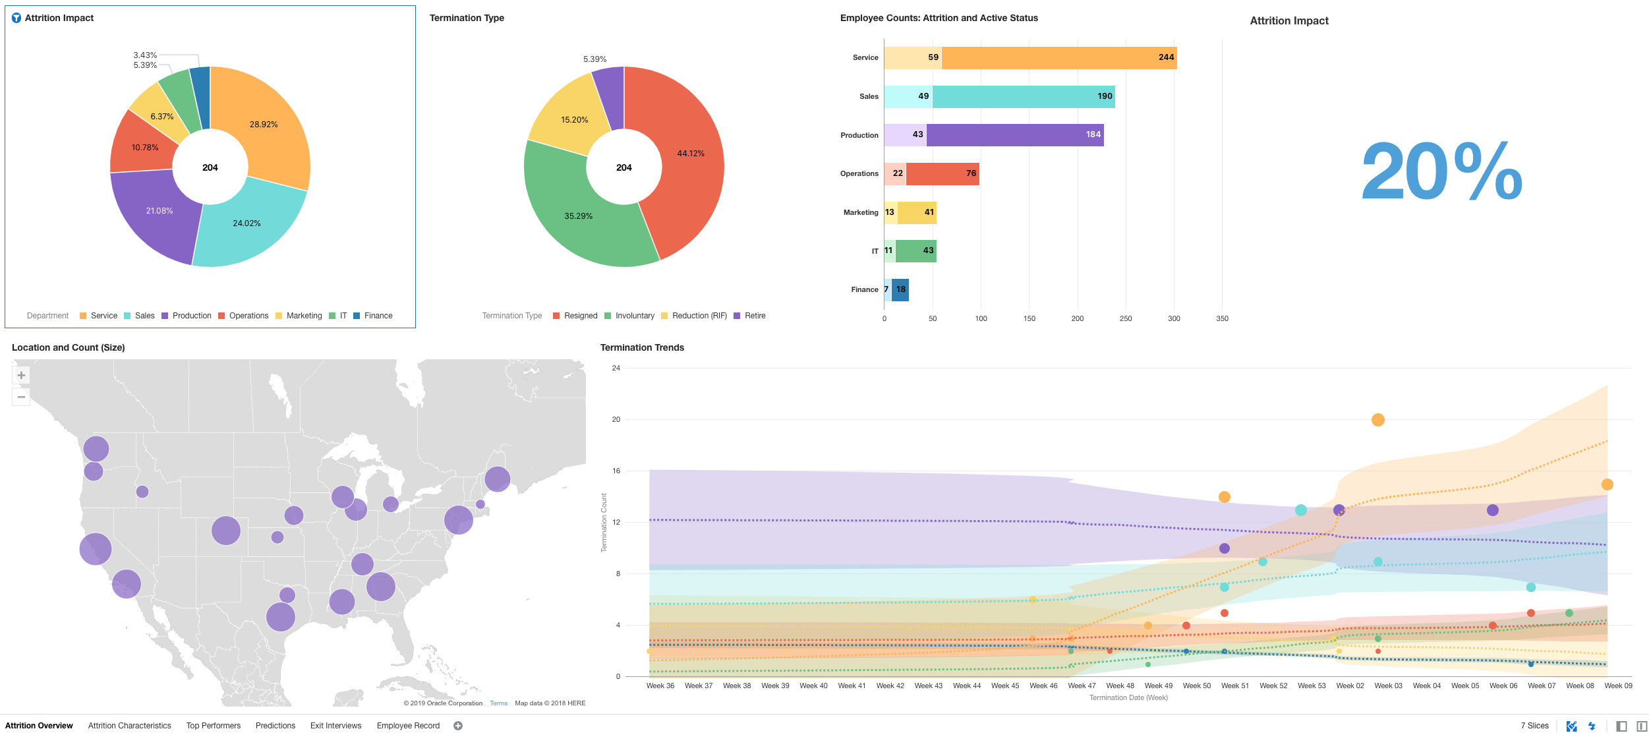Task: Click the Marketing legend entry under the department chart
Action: [304, 316]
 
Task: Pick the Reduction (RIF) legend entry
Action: [699, 316]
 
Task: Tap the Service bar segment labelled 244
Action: [1058, 58]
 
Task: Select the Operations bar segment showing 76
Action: [942, 174]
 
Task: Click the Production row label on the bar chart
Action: [859, 135]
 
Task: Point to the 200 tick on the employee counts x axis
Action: [1077, 318]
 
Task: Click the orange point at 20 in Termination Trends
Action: [1377, 420]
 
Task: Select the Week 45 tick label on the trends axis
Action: [1004, 686]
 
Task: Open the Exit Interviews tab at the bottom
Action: [335, 726]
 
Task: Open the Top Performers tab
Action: [213, 726]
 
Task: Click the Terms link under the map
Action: [498, 703]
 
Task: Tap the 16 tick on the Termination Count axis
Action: [616, 471]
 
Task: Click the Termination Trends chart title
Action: [642, 347]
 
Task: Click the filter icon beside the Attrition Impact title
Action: [16, 18]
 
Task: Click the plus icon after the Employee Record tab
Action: [458, 726]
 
